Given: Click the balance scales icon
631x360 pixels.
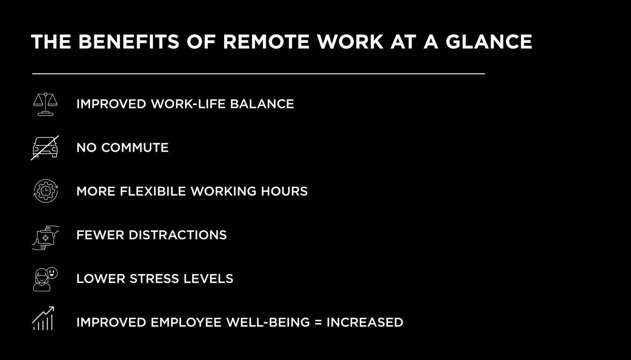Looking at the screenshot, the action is coord(45,104).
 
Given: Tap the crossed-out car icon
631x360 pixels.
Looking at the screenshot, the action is coord(45,147).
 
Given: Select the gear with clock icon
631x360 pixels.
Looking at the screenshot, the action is coord(46,191).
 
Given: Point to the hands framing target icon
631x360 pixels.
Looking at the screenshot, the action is coord(45,237).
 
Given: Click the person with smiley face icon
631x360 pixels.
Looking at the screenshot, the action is coord(45,279).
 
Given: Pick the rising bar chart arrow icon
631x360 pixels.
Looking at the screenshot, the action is coord(43,318).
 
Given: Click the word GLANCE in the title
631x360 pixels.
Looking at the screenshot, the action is coord(489,42).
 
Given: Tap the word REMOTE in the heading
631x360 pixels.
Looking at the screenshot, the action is coord(266,42).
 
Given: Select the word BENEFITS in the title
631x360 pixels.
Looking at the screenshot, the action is coord(129,42).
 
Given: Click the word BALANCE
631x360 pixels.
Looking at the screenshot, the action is coord(262,104).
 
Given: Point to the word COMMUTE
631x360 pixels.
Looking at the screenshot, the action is coord(135,147).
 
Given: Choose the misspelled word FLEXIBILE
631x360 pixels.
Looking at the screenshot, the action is coord(153,191).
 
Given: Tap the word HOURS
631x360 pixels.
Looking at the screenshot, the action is coord(284,191).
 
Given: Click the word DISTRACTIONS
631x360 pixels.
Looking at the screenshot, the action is coord(178,235).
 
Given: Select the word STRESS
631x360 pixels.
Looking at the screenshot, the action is coord(154,279).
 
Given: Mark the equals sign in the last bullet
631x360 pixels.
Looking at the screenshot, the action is coord(318,322).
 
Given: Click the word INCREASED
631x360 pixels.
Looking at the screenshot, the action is coord(365,322).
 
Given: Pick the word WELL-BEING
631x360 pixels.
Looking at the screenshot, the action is coord(268,322).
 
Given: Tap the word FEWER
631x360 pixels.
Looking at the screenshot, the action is coord(100,235).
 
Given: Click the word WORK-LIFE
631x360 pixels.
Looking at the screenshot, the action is coord(188,104).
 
